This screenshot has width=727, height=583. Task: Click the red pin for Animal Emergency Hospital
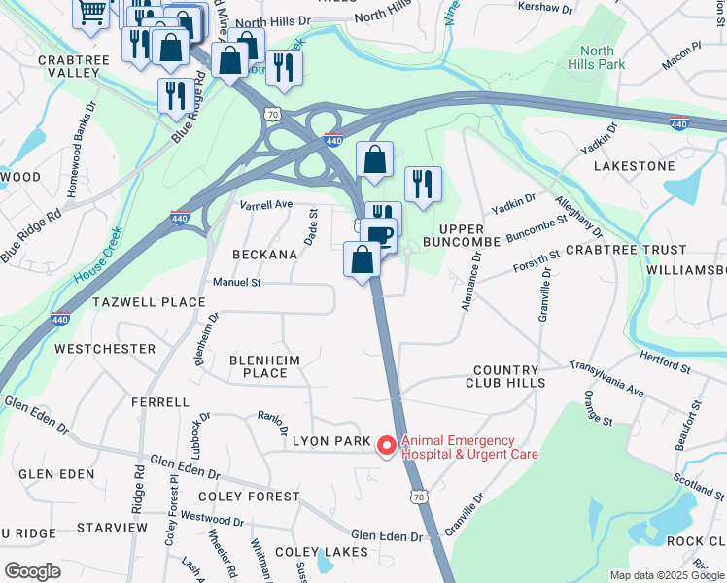(386, 446)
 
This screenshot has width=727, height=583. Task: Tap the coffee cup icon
(381, 234)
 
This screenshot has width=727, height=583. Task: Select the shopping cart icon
(91, 13)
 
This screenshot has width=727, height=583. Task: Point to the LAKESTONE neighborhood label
(633, 166)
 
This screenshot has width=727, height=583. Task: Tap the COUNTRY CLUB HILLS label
(504, 376)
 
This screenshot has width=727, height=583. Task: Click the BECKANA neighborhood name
(263, 254)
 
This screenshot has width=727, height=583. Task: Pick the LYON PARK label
(331, 442)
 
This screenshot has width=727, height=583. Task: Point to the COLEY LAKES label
(321, 552)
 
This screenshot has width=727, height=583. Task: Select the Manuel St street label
(237, 283)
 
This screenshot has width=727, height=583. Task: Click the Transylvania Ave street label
(606, 378)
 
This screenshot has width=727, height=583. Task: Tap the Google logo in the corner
(31, 570)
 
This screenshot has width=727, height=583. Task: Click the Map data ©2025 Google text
(667, 575)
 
